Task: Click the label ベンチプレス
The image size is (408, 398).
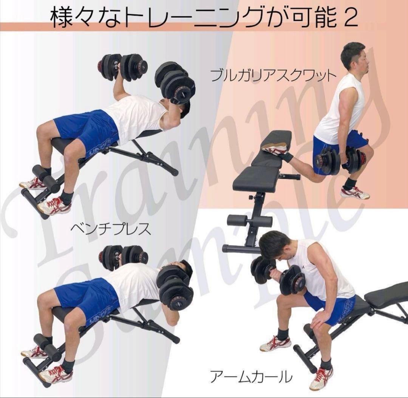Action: click(x=111, y=229)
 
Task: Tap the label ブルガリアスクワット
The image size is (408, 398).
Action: click(x=273, y=76)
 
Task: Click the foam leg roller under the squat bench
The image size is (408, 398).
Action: click(x=249, y=220)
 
